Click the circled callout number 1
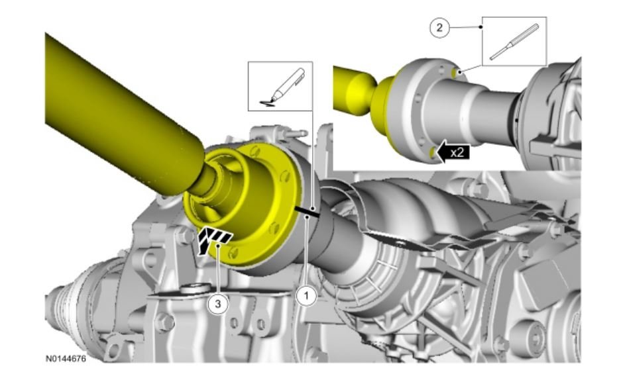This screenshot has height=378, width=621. pos(306,296)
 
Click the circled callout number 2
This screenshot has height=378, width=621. pos(439,28)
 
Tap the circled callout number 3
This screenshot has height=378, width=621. pos(218,304)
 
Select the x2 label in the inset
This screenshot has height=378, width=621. pos(458,152)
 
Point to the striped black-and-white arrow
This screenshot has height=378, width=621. pos(213,240)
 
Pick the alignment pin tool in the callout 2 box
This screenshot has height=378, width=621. pos(514,42)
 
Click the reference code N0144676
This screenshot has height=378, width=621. pos(66,359)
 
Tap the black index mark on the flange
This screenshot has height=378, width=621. pos(308,212)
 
